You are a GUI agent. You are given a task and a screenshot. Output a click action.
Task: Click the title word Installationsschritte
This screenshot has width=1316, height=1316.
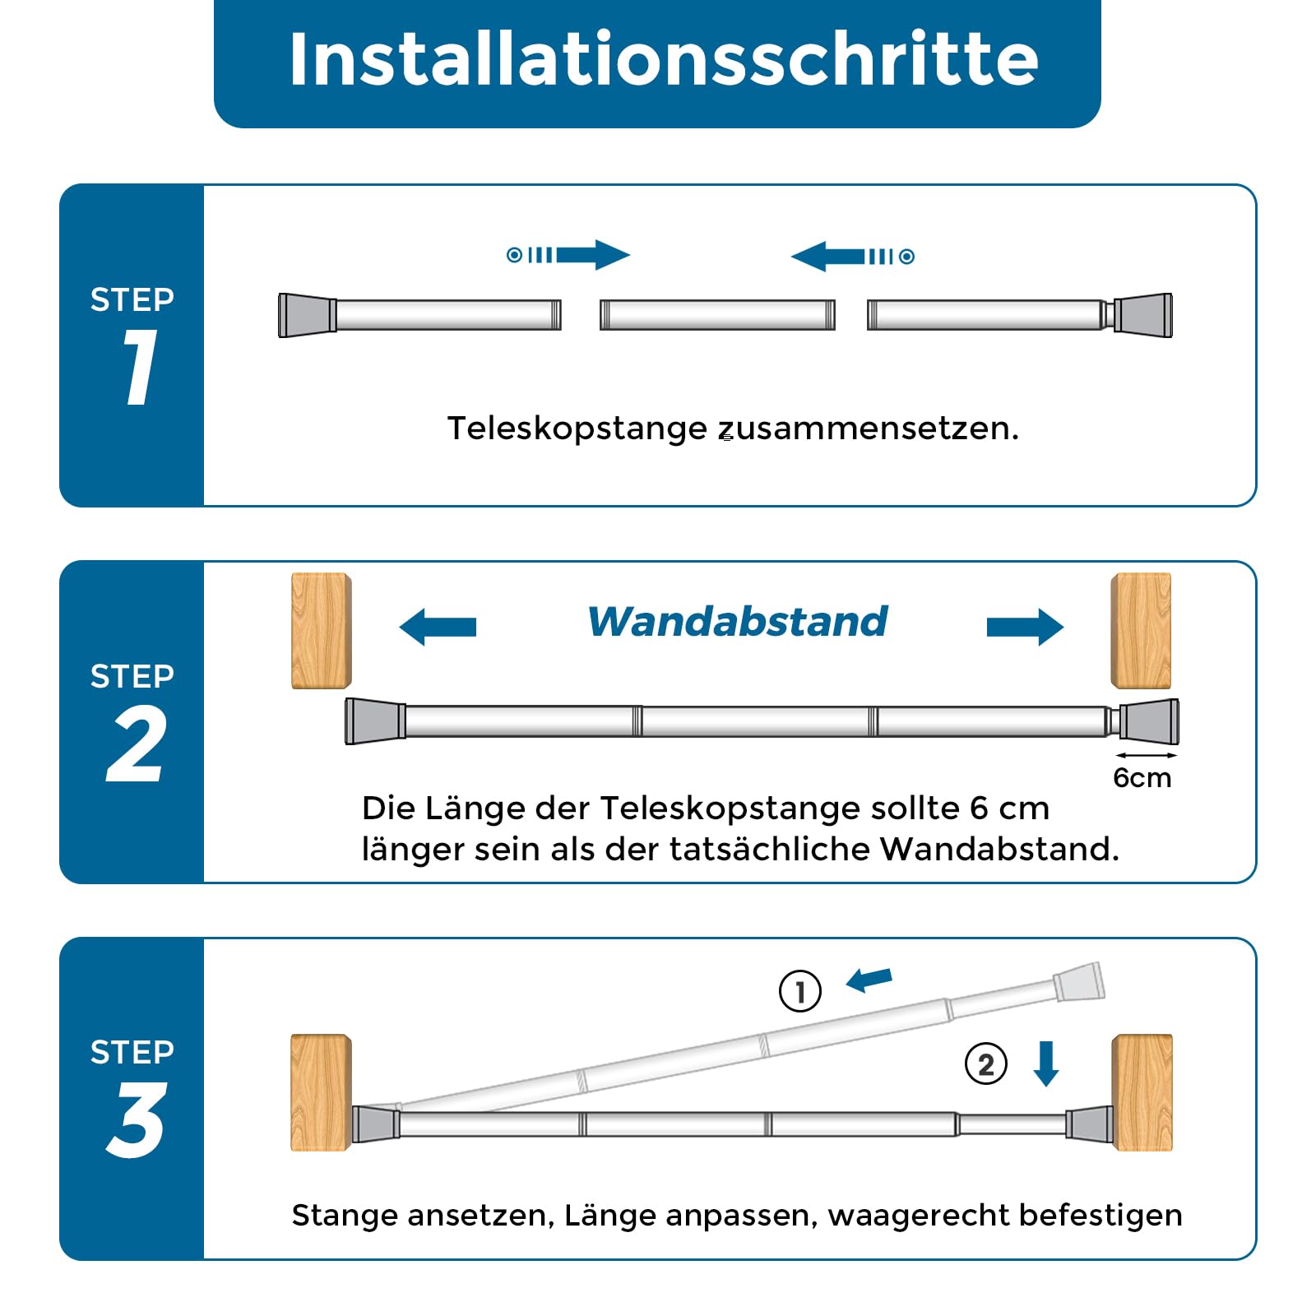[664, 59]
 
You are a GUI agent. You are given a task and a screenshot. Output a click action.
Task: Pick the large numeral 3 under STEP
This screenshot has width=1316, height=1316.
[137, 1119]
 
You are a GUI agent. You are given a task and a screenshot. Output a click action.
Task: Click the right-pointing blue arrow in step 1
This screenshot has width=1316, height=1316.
[568, 255]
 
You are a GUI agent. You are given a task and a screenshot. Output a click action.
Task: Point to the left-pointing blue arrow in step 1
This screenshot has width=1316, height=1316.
[853, 257]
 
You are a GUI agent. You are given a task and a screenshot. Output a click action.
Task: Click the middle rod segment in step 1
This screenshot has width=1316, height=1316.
[717, 315]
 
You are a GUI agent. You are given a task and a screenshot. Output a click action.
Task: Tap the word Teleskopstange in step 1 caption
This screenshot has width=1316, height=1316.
[577, 429]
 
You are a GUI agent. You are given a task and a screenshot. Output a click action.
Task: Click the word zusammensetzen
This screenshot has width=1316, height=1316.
[869, 429]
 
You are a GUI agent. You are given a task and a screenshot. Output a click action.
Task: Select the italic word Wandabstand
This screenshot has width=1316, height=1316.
[738, 622]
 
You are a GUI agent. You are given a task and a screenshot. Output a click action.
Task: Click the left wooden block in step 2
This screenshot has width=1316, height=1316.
[322, 631]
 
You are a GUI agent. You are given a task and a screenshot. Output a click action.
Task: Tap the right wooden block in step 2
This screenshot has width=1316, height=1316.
[1141, 631]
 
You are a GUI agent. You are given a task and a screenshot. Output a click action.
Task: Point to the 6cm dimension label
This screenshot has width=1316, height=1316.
[1142, 778]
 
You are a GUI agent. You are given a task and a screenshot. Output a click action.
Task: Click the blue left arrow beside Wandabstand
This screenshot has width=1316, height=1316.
[438, 627]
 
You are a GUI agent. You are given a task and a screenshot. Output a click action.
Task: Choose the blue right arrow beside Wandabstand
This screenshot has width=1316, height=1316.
[1025, 627]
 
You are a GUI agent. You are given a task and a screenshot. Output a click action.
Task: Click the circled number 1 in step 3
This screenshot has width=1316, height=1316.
[800, 991]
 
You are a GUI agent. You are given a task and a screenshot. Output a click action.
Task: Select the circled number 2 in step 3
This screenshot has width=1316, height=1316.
[986, 1064]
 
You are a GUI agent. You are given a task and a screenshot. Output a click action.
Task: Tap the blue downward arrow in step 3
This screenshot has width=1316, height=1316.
[1046, 1063]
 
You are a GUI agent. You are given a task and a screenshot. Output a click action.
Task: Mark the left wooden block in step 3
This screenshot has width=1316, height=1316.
[322, 1092]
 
